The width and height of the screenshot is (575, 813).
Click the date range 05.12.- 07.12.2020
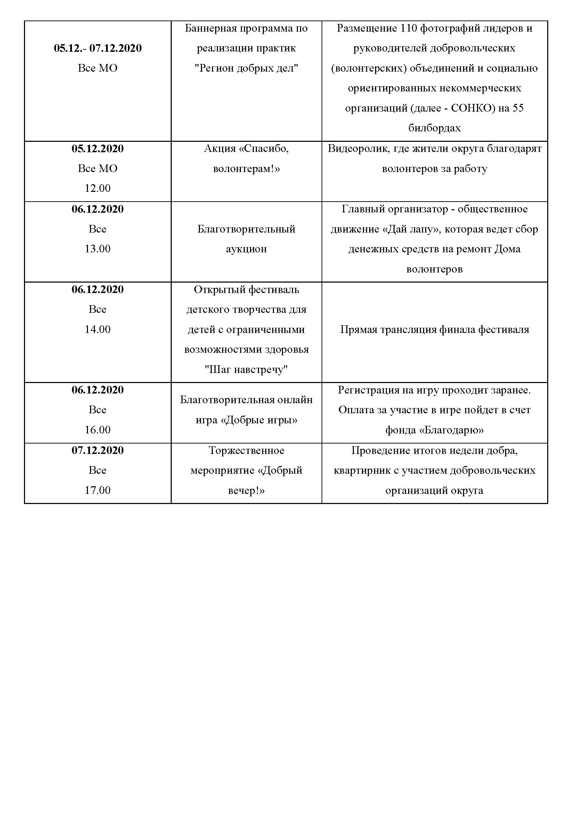pyautogui.click(x=98, y=48)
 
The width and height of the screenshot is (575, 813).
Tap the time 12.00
pyautogui.click(x=98, y=188)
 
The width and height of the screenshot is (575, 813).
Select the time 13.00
pyautogui.click(x=98, y=249)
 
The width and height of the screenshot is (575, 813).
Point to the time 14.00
pyautogui.click(x=98, y=329)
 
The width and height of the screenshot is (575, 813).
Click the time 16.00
pyautogui.click(x=98, y=430)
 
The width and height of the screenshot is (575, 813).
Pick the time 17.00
pyautogui.click(x=98, y=490)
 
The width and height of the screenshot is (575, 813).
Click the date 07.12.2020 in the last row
pyautogui.click(x=98, y=450)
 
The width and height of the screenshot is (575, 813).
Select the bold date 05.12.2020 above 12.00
pyautogui.click(x=98, y=148)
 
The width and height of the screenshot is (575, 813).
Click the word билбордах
pyautogui.click(x=435, y=128)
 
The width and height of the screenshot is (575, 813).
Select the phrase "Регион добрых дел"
pyautogui.click(x=246, y=68)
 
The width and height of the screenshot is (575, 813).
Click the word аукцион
pyautogui.click(x=246, y=249)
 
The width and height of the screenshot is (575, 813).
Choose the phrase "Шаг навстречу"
pyautogui.click(x=246, y=369)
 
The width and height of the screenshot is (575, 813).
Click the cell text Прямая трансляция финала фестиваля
pyautogui.click(x=435, y=329)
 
